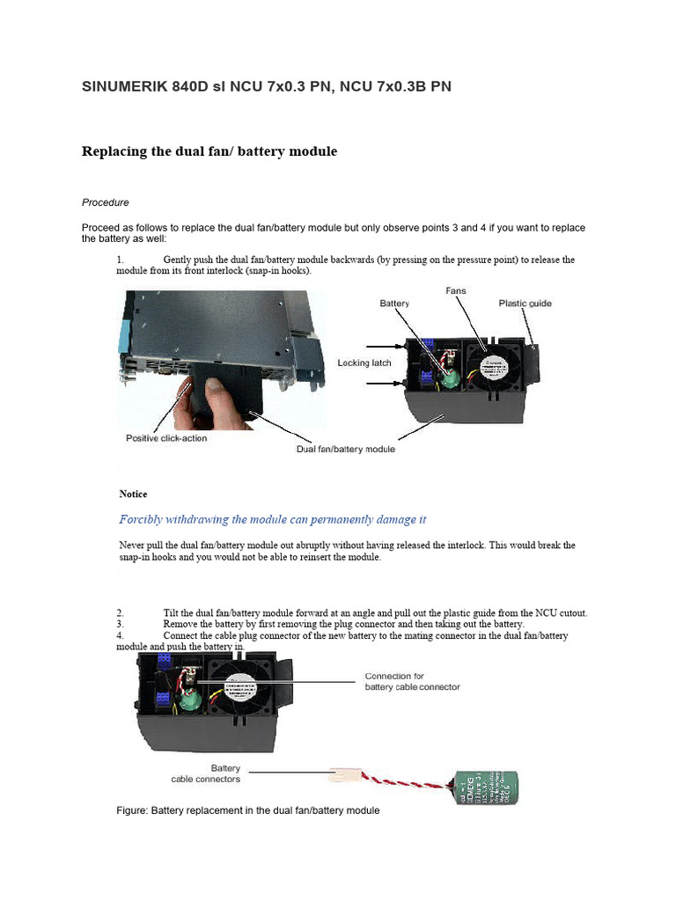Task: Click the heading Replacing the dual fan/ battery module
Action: coord(209,151)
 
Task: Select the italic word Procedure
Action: coord(106,202)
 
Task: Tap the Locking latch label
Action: coord(365,363)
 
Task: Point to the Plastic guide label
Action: coord(525,304)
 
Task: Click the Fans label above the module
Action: coord(456,290)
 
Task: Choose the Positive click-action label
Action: coord(166,438)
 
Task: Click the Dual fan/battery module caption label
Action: coord(344,450)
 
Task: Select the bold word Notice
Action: coord(133,494)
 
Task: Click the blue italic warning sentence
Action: coord(273,519)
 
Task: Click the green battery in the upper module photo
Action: coord(452,376)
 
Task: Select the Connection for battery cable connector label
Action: coord(412,682)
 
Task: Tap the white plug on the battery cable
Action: coord(343,776)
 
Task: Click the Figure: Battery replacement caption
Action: coord(247,809)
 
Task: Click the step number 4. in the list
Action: coord(121,635)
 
